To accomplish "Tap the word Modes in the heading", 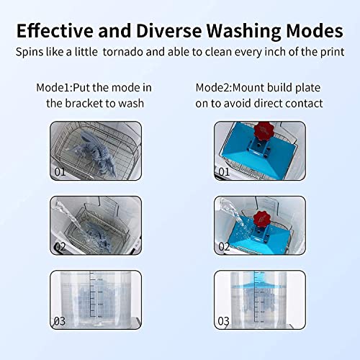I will click(311, 31).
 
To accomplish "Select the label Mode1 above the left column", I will click(55, 87).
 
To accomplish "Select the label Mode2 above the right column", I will click(215, 87).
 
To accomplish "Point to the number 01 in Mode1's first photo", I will click(60, 173).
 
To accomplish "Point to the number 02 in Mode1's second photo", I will click(60, 247).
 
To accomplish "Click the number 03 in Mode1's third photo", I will click(60, 321).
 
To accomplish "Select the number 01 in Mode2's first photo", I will click(225, 173).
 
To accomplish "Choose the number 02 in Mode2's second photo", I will click(225, 247).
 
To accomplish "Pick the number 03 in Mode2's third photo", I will click(225, 321).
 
